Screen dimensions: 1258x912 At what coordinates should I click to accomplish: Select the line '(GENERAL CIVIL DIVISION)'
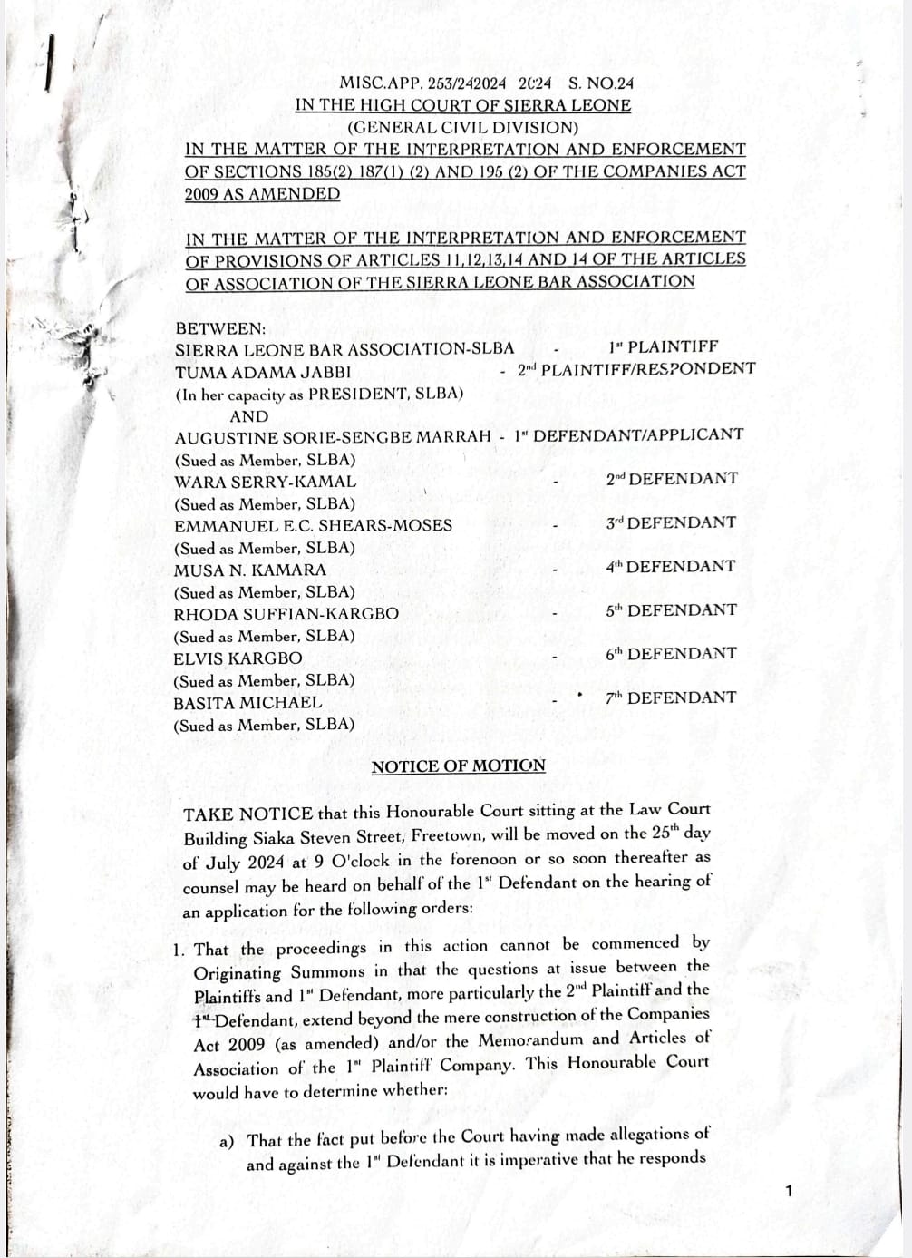[x=462, y=128]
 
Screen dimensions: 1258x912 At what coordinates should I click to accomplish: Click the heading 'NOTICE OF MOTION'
[x=458, y=766]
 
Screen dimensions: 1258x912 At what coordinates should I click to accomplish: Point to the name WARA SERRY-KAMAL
[x=265, y=483]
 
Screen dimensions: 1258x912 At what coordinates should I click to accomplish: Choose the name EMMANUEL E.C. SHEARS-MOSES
[x=313, y=525]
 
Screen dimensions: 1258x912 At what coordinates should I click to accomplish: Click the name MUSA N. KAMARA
[x=249, y=570]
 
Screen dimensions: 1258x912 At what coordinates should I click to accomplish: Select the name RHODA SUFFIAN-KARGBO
[x=286, y=614]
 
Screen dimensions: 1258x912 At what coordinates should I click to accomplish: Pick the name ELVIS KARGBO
[x=238, y=658]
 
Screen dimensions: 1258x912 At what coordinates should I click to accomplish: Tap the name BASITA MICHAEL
[x=247, y=703]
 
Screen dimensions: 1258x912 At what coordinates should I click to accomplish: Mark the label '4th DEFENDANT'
[x=670, y=567]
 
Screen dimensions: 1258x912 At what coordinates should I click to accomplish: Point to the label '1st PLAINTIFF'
[x=663, y=346]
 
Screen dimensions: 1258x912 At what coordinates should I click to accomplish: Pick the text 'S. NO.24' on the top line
[x=602, y=83]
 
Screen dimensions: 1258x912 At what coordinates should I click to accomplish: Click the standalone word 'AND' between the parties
[x=249, y=416]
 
